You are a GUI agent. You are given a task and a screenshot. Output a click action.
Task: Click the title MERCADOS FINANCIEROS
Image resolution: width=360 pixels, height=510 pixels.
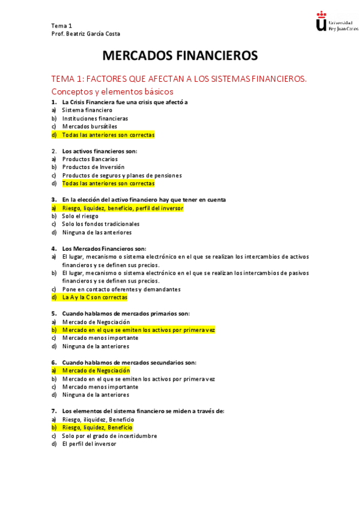pyautogui.click(x=180, y=56)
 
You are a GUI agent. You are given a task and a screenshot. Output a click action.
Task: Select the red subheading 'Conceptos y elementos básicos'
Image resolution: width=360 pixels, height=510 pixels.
pyautogui.click(x=112, y=91)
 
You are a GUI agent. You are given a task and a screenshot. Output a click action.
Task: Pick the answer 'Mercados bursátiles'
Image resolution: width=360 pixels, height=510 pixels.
pyautogui.click(x=90, y=127)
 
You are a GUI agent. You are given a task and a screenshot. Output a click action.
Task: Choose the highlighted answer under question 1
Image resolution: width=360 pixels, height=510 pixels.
pyautogui.click(x=108, y=135)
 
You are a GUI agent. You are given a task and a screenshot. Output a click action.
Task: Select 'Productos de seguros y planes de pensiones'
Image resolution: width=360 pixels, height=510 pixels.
pyautogui.click(x=121, y=176)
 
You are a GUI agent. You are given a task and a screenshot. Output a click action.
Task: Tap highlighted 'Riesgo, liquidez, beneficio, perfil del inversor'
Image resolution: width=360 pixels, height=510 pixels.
pyautogui.click(x=123, y=208)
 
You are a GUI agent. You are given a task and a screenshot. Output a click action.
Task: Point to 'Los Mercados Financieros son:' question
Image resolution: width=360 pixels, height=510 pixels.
pyautogui.click(x=104, y=248)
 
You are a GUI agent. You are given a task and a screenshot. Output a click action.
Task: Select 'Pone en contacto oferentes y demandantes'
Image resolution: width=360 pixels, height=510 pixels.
pyautogui.click(x=121, y=289)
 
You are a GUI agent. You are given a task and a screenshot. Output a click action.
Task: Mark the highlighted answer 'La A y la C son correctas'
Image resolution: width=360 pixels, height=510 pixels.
pyautogui.click(x=94, y=297)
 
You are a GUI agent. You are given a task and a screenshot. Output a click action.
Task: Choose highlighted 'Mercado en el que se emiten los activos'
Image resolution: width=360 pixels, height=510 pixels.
pyautogui.click(x=138, y=330)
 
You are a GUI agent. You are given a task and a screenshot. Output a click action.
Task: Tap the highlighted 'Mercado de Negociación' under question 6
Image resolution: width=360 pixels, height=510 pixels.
pyautogui.click(x=96, y=370)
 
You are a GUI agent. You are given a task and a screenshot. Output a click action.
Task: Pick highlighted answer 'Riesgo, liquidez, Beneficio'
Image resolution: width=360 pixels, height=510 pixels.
pyautogui.click(x=97, y=428)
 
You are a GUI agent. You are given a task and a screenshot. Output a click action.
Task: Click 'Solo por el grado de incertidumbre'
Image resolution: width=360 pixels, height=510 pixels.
pyautogui.click(x=109, y=436)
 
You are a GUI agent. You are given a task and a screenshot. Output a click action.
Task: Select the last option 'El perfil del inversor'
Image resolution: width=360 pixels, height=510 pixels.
pyautogui.click(x=89, y=444)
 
